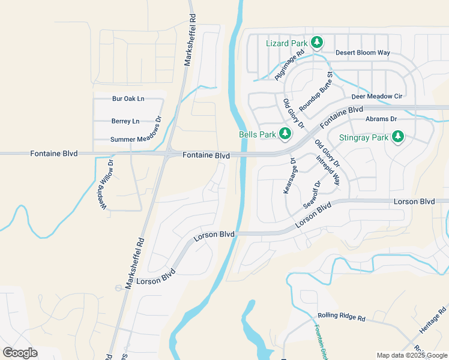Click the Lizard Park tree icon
[317, 43]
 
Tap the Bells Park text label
[256, 135]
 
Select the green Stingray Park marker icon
[397, 137]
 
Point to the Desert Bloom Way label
[363, 53]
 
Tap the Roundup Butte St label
[316, 91]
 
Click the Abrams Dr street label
[381, 119]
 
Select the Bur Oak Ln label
[128, 98]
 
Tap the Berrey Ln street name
[125, 121]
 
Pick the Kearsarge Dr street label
[289, 176]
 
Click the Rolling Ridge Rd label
[342, 317]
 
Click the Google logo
[20, 353]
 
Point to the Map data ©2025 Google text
[411, 355]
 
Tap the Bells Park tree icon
[285, 133]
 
